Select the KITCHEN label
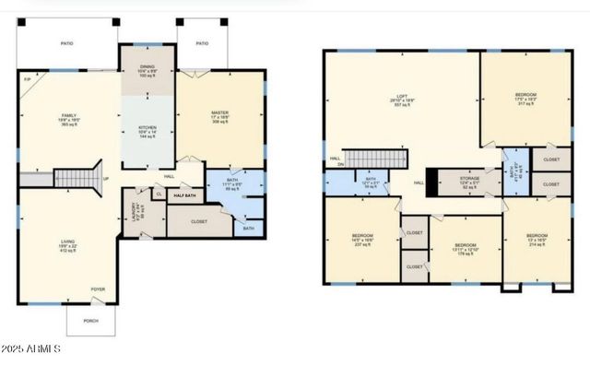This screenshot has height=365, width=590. point(147,127)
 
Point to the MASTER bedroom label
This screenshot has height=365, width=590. point(219,112)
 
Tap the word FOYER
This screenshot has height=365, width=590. point(98,289)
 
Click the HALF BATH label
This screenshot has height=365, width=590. point(184,195)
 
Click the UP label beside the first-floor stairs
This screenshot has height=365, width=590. point(106,179)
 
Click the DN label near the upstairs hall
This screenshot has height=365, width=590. point(338,164)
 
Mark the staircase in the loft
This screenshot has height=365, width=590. point(376,159)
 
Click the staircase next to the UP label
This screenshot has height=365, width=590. point(76,176)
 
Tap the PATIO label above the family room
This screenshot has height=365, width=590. point(66,43)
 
